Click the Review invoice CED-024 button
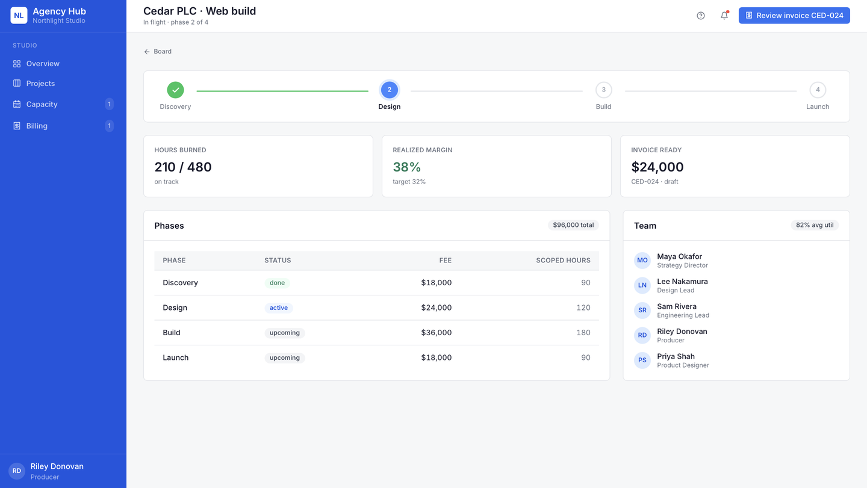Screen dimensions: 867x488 pyautogui.click(x=794, y=16)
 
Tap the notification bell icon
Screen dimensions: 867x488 pyautogui.click(x=724, y=16)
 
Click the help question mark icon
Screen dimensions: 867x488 pyautogui.click(x=701, y=16)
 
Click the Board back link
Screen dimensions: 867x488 pyautogui.click(x=158, y=51)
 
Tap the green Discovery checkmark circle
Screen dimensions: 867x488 pyautogui.click(x=175, y=90)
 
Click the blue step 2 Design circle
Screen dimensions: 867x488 pyautogui.click(x=390, y=90)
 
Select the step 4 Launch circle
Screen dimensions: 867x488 pyautogui.click(x=818, y=90)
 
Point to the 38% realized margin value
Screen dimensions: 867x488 pyautogui.click(x=406, y=167)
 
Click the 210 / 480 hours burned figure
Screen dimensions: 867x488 pyautogui.click(x=183, y=167)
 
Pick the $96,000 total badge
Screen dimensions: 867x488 pyautogui.click(x=573, y=225)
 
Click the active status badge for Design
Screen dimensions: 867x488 pyautogui.click(x=279, y=308)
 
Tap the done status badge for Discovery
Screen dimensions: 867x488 pyautogui.click(x=277, y=283)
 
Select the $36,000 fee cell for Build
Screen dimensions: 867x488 pyautogui.click(x=436, y=333)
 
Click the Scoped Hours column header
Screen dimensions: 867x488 pyautogui.click(x=563, y=260)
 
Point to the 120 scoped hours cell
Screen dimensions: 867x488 pyautogui.click(x=583, y=307)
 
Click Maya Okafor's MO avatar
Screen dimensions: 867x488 pyautogui.click(x=642, y=260)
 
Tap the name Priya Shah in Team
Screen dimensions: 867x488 pyautogui.click(x=676, y=356)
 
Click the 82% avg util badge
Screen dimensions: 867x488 pyautogui.click(x=815, y=225)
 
